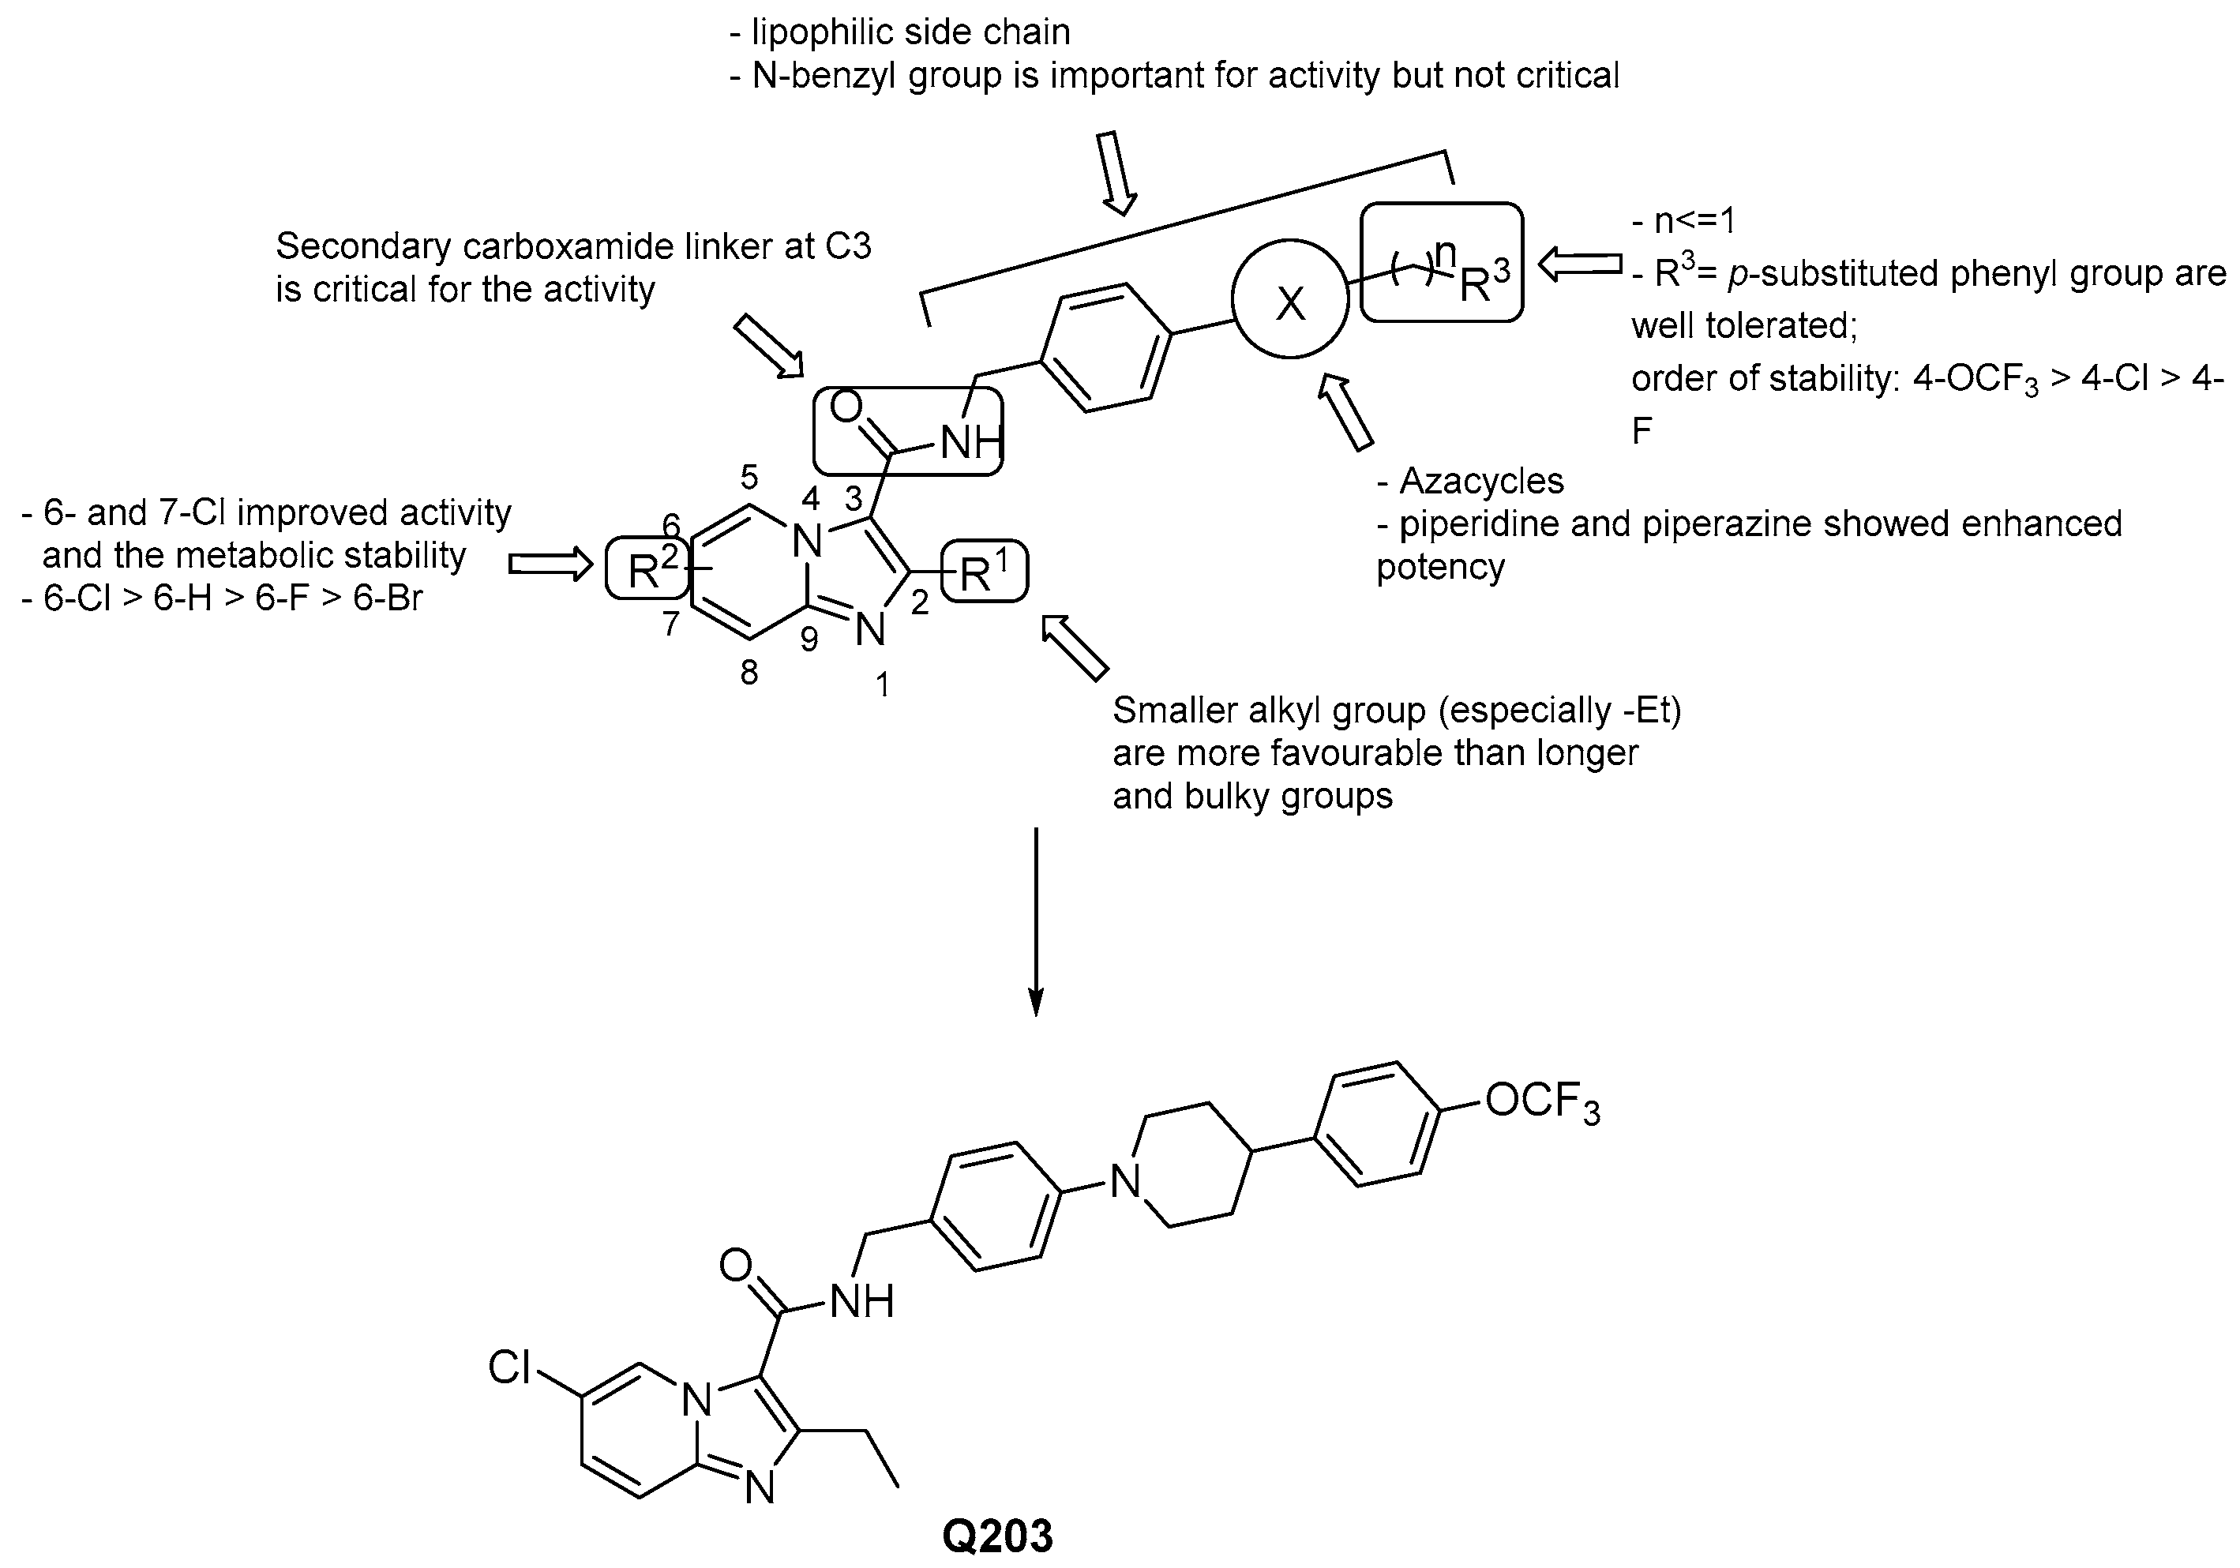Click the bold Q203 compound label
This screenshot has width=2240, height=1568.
pos(997,1534)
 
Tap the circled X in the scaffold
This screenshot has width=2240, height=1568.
pos(1289,303)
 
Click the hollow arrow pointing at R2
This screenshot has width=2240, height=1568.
pos(550,564)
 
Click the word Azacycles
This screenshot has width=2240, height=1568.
pos(1481,481)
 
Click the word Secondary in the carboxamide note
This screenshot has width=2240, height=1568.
pos(357,246)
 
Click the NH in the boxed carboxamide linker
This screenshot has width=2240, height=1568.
pos(970,444)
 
